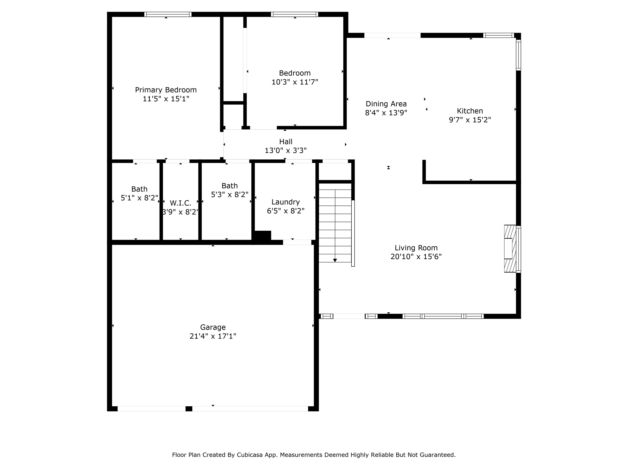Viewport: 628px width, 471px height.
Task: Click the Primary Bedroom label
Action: point(166,90)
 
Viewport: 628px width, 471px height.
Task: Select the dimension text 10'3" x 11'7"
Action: point(295,82)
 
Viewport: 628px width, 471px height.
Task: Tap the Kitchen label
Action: point(470,111)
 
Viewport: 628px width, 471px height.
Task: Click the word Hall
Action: point(286,142)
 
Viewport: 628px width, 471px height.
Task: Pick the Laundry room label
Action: point(285,202)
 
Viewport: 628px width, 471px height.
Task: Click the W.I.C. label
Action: point(180,203)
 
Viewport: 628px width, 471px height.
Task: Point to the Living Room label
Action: point(416,248)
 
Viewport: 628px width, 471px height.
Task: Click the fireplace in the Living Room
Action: point(510,249)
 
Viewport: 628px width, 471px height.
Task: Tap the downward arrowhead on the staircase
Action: point(335,260)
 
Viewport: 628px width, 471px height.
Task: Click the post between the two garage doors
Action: point(189,409)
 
